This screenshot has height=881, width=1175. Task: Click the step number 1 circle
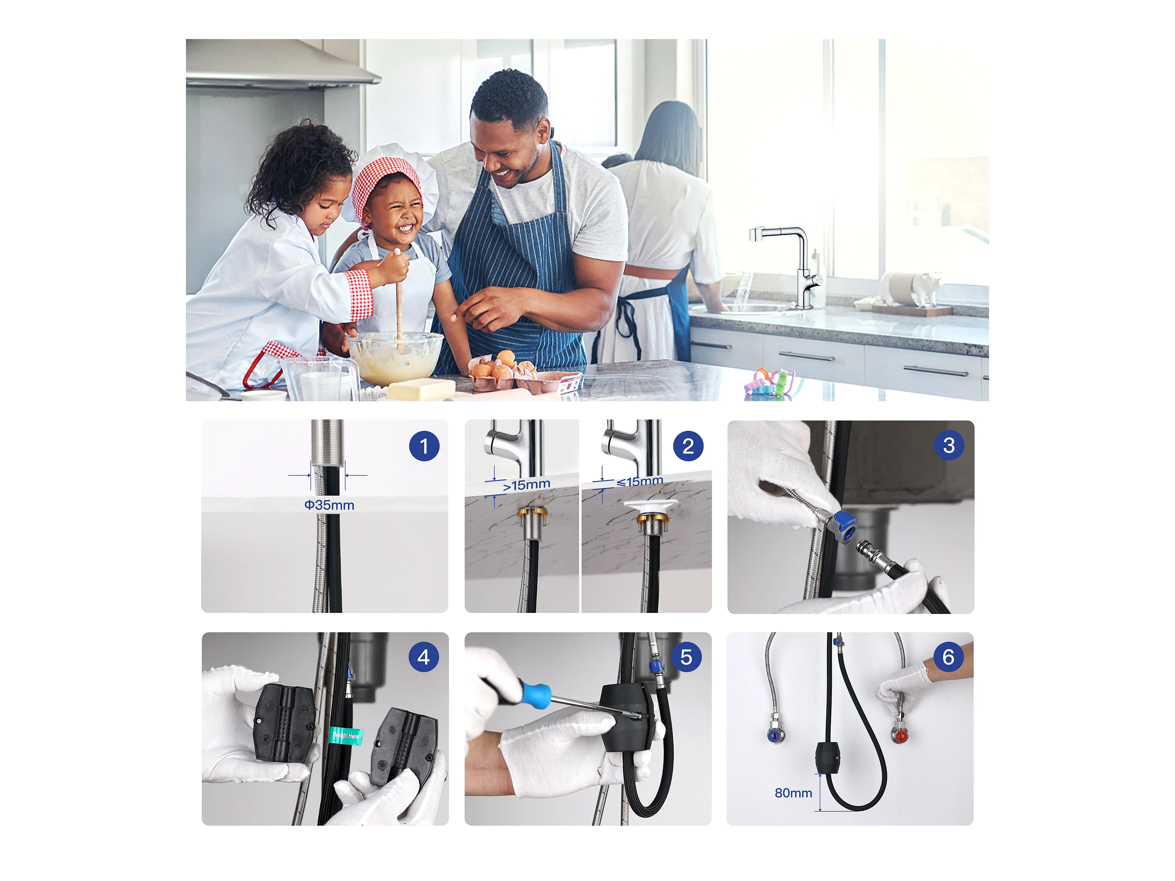tap(424, 446)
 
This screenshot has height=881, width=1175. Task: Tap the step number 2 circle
tap(688, 446)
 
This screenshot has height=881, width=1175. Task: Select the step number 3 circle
tap(949, 445)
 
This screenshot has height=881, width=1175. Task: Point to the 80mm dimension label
tap(793, 793)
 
